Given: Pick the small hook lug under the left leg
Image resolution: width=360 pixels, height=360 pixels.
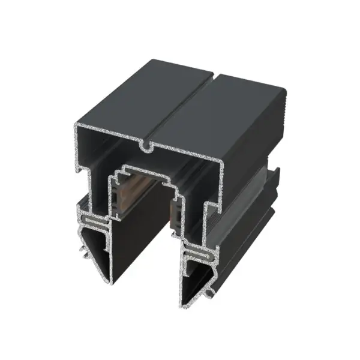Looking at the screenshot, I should click(85, 247).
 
